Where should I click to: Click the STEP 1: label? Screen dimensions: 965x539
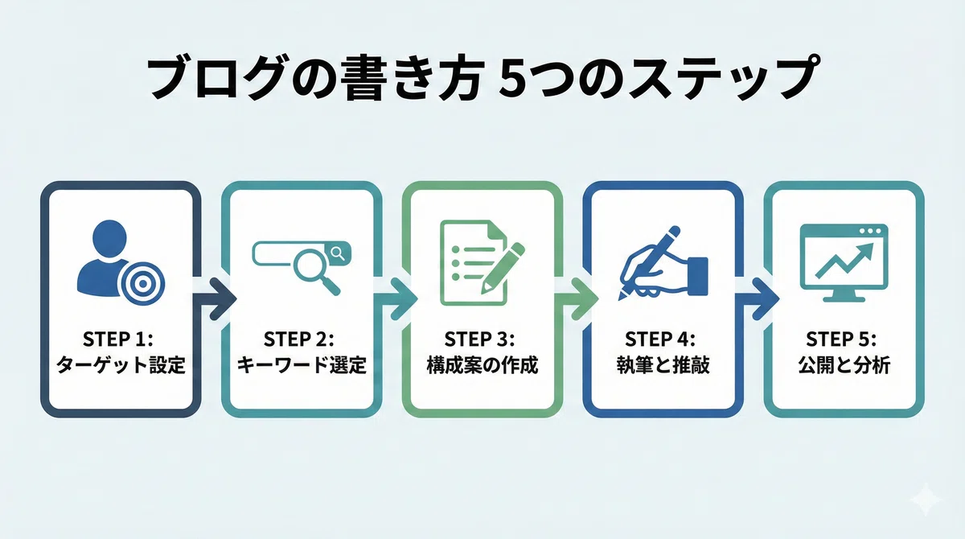117,339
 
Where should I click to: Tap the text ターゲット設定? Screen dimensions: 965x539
121,365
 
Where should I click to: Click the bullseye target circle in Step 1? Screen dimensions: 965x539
143,282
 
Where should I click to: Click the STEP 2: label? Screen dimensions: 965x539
298,339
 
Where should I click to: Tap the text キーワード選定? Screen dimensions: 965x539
302,365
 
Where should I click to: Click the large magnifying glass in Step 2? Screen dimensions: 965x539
317,272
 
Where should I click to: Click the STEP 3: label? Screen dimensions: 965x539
479,339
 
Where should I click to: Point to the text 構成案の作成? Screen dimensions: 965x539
482,365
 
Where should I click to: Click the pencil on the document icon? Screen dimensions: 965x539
503,268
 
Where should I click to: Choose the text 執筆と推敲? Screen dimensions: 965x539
663,365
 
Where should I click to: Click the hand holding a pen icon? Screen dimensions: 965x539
663,262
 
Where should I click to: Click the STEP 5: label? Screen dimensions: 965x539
841,339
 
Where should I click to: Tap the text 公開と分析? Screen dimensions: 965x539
844,365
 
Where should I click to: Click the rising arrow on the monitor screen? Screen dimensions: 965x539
844,260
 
